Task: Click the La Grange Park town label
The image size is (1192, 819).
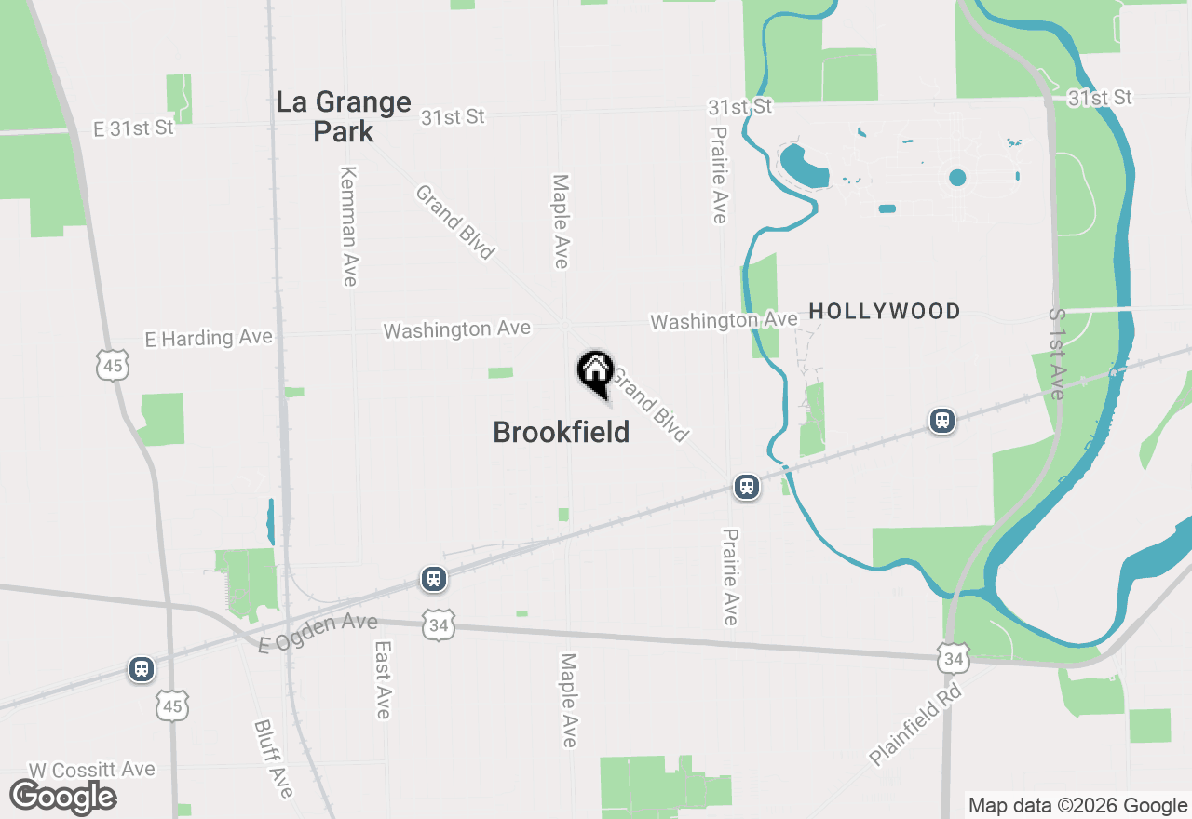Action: (344, 116)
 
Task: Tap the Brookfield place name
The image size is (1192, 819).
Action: (561, 432)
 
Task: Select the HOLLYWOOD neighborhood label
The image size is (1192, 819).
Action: (884, 311)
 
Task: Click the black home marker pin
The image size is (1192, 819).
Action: (595, 374)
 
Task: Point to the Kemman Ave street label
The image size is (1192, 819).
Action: (349, 226)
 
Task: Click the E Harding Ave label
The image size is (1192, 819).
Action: (209, 338)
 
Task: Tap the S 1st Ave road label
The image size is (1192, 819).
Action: (1056, 355)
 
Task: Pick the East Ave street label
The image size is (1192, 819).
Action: (382, 678)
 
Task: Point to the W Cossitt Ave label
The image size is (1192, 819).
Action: (91, 770)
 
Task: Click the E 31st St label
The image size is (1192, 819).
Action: (133, 128)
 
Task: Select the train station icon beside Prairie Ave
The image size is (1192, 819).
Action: (746, 486)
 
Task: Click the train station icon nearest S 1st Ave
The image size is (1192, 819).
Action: (942, 421)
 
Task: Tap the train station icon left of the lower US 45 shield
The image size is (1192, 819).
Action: (142, 668)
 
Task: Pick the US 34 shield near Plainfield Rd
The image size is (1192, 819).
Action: (952, 657)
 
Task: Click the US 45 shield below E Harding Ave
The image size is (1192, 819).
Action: (112, 366)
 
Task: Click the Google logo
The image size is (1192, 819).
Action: (62, 797)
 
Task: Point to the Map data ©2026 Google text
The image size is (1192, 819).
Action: (1077, 806)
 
